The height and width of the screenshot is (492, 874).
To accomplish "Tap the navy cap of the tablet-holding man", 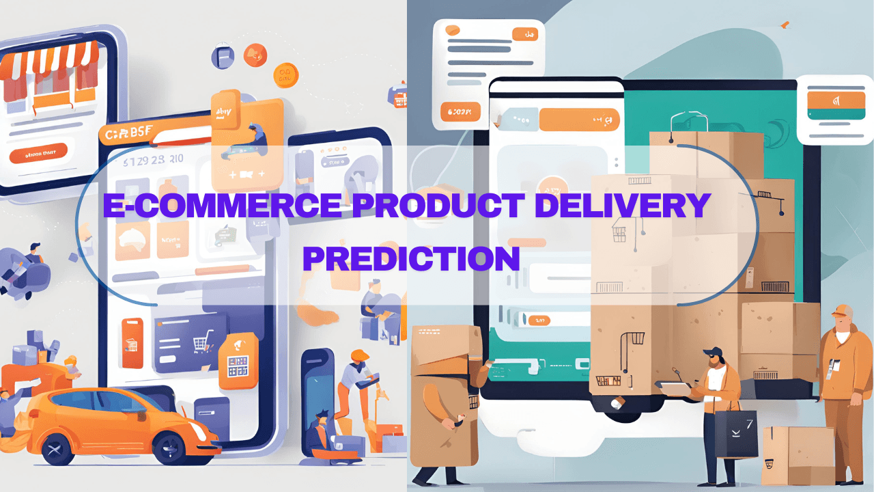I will click(x=711, y=353).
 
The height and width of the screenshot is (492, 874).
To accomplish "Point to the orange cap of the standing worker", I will click(x=843, y=310).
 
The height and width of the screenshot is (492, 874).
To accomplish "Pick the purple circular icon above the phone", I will click(x=223, y=56).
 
